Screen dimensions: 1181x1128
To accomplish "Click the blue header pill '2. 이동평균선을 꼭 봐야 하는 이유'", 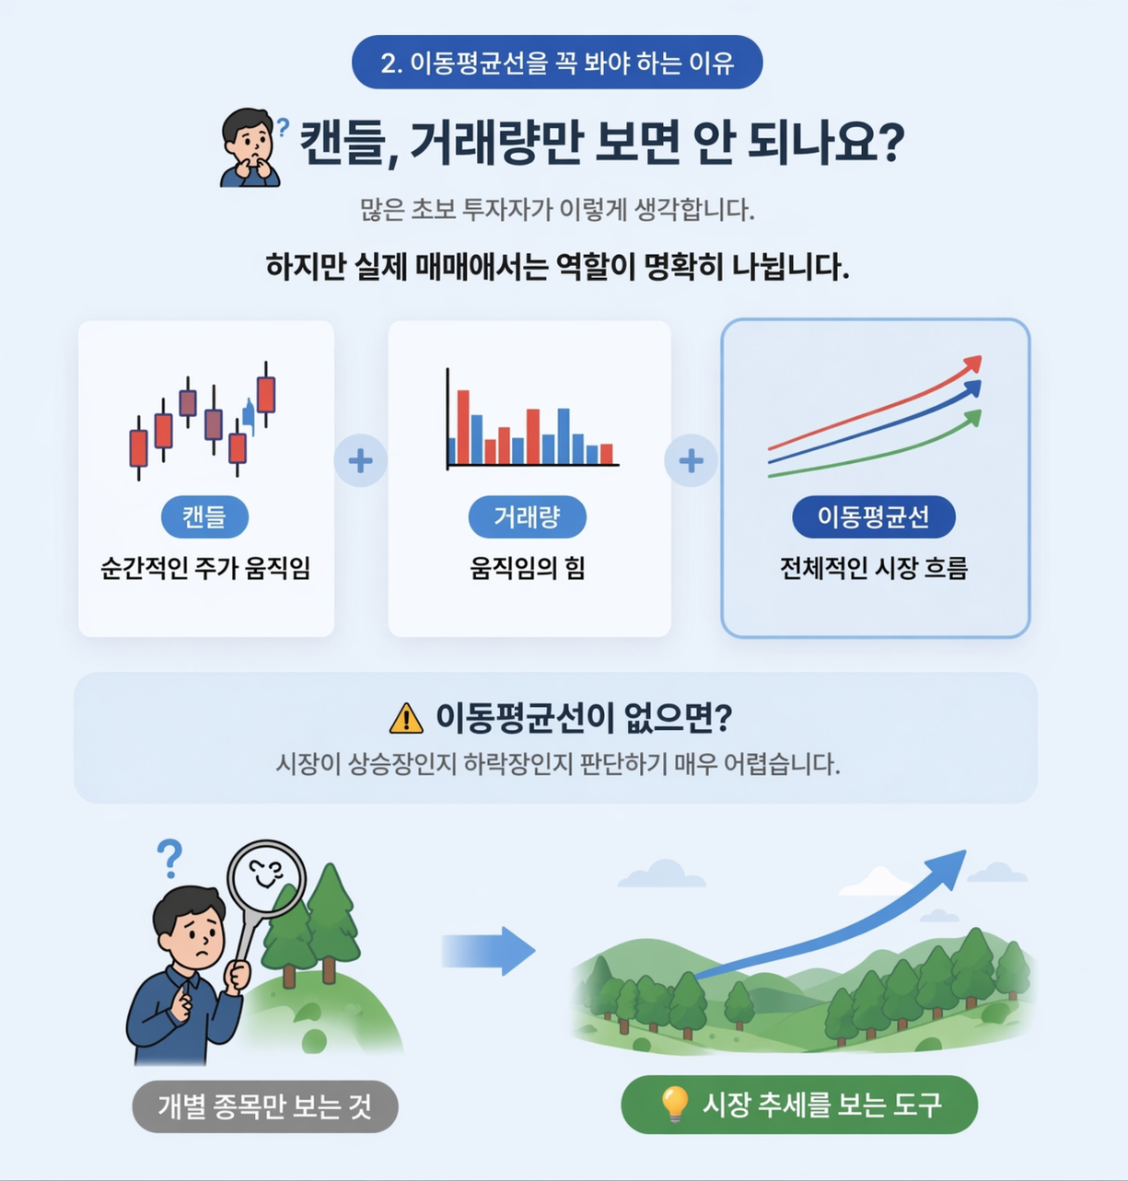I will [557, 63].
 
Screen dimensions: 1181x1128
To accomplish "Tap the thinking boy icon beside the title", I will [250, 147].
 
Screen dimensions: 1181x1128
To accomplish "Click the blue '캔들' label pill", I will [204, 516].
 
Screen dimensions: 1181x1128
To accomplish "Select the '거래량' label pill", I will [527, 516].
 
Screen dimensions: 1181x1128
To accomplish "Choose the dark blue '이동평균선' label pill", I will [873, 516].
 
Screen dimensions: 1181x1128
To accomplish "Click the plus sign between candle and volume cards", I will [360, 460].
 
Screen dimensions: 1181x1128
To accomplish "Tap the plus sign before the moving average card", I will [691, 460].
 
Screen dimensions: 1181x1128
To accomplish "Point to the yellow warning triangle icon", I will [406, 718].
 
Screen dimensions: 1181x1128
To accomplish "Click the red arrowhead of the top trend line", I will [972, 365].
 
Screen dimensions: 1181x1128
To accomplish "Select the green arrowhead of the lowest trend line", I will [972, 418].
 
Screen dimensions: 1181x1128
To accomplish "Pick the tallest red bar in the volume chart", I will [463, 427].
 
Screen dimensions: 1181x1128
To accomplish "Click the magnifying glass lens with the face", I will [266, 876].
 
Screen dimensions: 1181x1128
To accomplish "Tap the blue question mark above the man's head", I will [169, 858].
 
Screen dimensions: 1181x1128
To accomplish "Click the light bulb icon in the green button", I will [675, 1104].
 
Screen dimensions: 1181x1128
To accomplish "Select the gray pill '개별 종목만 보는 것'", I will [265, 1106].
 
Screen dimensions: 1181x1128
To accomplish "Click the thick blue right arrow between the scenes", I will [487, 951].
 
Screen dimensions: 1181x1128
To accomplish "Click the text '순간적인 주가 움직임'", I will [205, 569].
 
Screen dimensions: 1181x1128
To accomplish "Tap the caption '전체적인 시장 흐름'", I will [874, 569].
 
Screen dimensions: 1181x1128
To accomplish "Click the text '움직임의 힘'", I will [528, 569].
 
